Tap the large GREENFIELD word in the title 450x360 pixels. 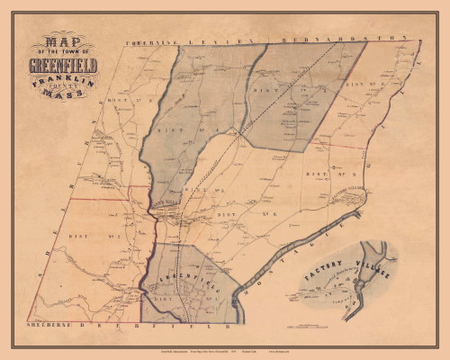click(x=62, y=66)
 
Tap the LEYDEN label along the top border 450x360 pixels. click(x=224, y=41)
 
